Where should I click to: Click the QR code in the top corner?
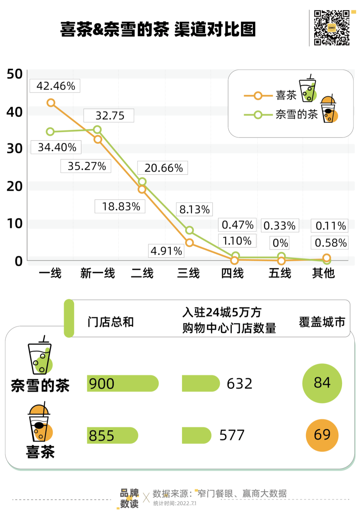point(332,28)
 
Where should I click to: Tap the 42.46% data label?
point(55,86)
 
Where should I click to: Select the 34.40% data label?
point(56,147)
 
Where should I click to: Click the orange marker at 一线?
point(51,103)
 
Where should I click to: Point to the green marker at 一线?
point(50,132)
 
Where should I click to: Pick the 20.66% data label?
point(163,168)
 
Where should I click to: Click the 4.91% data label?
point(166,251)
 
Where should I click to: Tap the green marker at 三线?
point(189,230)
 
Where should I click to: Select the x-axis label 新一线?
point(97,273)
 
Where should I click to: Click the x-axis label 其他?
point(323,273)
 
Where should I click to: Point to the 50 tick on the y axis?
point(15,74)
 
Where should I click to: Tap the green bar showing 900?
point(123,383)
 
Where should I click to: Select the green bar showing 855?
point(113,435)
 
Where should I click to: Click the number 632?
point(239,384)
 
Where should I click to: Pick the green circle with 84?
point(322,383)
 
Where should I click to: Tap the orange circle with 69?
point(322,435)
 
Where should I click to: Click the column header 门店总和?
point(110,322)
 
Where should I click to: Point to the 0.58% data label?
point(330,243)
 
